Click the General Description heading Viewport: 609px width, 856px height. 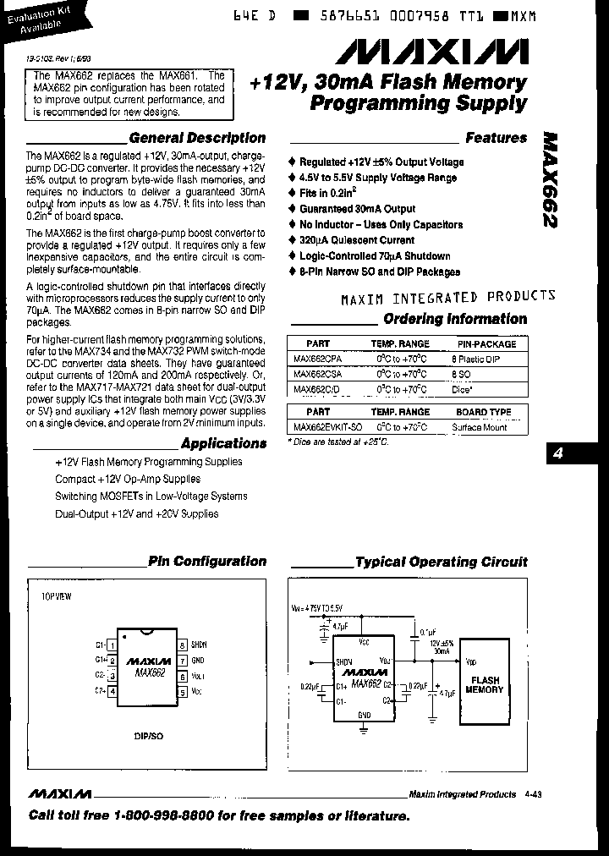click(196, 138)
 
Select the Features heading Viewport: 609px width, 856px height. click(496, 138)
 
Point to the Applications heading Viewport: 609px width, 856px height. click(223, 443)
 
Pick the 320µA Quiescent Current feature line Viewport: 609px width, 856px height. click(356, 240)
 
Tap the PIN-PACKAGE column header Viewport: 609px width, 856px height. click(486, 344)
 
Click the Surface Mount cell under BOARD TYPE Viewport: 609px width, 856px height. click(479, 427)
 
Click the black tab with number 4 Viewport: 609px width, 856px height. click(557, 453)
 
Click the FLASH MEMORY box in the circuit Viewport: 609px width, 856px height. click(486, 684)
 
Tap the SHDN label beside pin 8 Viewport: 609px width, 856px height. click(199, 644)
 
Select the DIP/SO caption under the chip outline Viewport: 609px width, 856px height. click(149, 736)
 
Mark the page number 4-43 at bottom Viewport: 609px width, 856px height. click(534, 794)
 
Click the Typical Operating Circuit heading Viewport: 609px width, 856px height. click(441, 562)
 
